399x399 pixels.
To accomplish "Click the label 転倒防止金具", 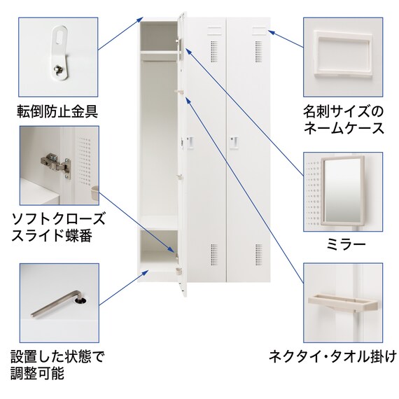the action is (57, 111).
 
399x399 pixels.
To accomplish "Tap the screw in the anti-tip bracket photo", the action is (58, 69).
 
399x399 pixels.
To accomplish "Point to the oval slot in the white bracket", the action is (59, 36).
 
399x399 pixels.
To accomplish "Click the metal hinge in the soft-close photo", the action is (55, 164).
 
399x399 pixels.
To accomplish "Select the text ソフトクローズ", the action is (58, 219).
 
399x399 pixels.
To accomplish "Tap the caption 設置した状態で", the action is (58, 357).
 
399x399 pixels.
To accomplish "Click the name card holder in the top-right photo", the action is (344, 54).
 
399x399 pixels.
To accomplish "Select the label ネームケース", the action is (344, 128).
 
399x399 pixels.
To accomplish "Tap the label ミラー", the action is (346, 244).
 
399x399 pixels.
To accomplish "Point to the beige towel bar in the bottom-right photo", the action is (343, 302).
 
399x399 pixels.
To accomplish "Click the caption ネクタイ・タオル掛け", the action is (332, 356).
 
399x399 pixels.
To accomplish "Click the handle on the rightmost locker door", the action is (234, 142).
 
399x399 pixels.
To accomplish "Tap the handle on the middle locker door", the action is (190, 143).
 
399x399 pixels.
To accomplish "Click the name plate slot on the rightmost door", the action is (259, 31).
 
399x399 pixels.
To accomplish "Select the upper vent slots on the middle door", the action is (214, 52).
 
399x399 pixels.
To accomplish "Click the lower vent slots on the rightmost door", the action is (258, 255).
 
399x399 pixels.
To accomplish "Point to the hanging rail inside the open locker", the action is (159, 61).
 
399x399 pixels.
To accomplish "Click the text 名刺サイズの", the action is (343, 112).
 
